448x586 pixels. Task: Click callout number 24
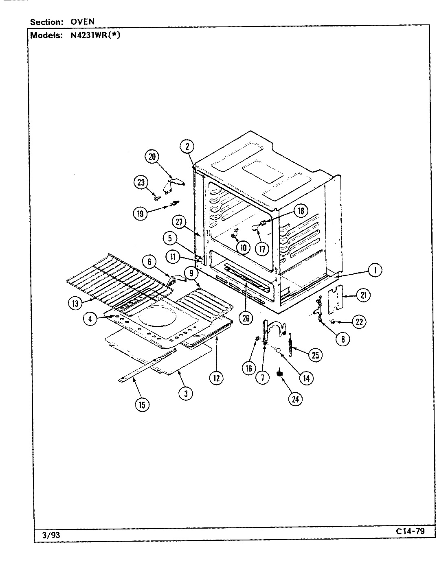point(295,399)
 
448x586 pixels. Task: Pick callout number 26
point(246,318)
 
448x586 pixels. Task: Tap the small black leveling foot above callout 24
point(280,373)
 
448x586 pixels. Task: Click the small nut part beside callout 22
point(332,321)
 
